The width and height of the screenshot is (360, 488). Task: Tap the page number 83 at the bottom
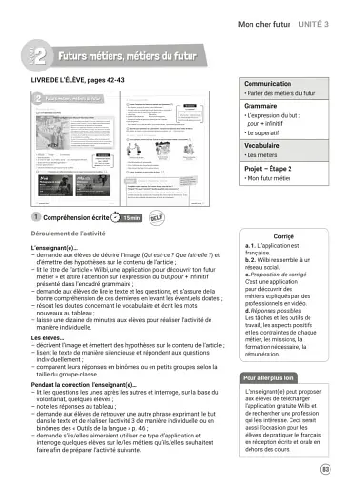tap(326, 469)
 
